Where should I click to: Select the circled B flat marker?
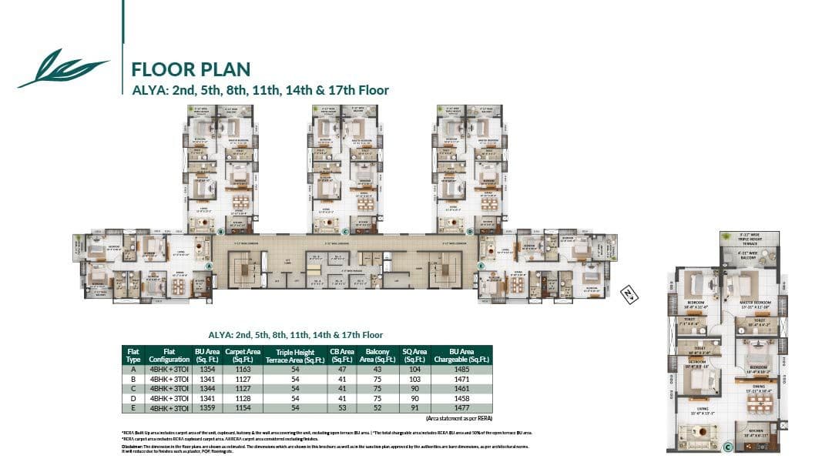coord(220,230)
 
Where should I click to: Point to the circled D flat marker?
coord(469,230)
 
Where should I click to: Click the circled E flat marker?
coord(481,266)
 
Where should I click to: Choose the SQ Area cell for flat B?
coord(414,380)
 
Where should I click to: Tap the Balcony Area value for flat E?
coord(377,407)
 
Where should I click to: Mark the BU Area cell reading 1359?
coord(204,407)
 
